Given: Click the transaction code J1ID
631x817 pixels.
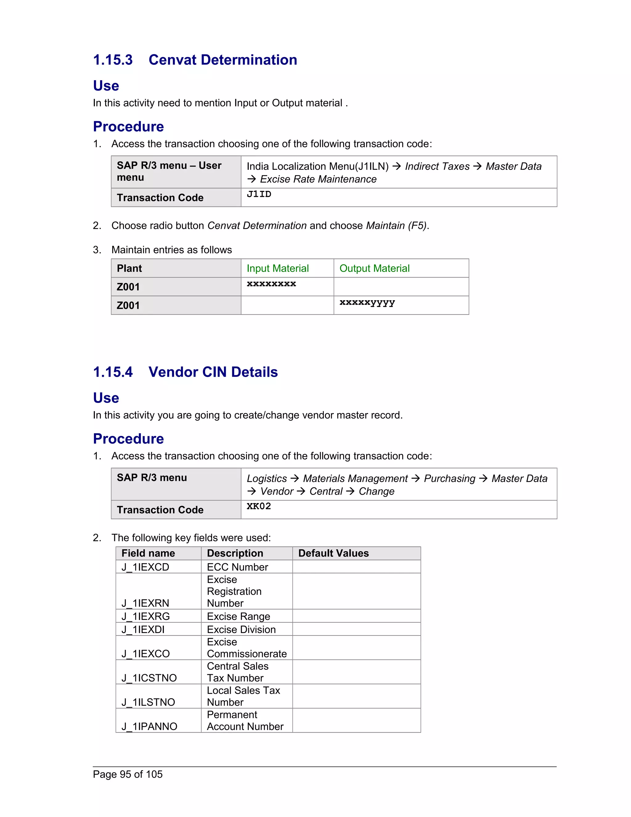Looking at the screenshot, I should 259,194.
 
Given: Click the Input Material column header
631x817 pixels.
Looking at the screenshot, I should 278,268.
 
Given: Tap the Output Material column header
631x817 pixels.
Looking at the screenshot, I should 374,268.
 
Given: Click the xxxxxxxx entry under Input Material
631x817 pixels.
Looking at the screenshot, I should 271,284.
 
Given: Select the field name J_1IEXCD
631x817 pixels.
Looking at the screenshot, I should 145,567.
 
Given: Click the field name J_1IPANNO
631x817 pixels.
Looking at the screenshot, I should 149,726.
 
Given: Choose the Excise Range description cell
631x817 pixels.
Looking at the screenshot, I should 238,616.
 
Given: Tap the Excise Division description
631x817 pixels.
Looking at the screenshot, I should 241,629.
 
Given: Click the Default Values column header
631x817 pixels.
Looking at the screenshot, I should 333,553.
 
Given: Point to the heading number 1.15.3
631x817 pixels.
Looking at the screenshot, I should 113,60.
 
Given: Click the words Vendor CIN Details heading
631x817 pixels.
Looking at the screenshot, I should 213,372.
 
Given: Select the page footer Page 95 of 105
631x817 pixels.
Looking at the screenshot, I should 128,774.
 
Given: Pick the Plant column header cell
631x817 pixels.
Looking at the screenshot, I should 129,268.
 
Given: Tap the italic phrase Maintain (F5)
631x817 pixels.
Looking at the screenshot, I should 396,226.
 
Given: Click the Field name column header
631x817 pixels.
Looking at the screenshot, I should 148,553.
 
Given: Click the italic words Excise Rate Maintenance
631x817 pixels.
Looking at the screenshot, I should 318,179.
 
